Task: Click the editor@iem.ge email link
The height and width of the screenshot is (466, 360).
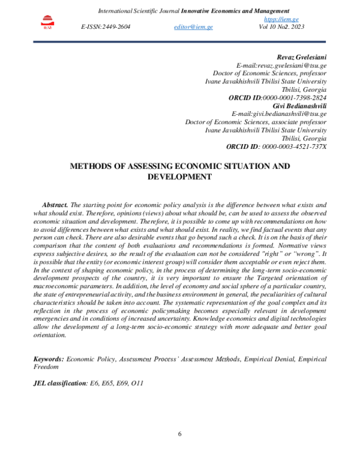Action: pos(193,28)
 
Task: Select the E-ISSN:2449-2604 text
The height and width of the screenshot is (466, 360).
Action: pos(106,28)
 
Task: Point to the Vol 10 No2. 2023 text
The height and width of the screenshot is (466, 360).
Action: pos(283,28)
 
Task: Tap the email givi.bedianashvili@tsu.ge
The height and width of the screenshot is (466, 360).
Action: pos(287,113)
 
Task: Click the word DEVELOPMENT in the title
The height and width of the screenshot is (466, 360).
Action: pos(179,177)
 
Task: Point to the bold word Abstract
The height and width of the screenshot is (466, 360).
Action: pos(55,205)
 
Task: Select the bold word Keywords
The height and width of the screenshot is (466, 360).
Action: pos(48,359)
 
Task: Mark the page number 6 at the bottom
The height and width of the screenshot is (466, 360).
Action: pos(179,434)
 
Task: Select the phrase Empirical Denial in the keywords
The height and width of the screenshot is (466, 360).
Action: pos(266,359)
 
